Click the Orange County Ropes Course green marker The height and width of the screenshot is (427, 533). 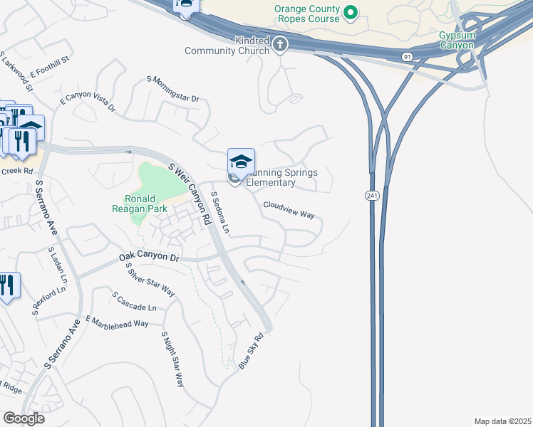350,12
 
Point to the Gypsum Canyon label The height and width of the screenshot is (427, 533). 456,41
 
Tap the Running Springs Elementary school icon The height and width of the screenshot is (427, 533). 241,161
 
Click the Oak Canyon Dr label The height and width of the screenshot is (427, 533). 149,256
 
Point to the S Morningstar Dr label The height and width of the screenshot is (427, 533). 173,88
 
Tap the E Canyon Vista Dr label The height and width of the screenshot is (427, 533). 87,100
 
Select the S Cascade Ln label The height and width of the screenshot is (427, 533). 134,301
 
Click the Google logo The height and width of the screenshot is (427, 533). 24,418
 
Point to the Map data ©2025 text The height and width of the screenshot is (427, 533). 502,421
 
